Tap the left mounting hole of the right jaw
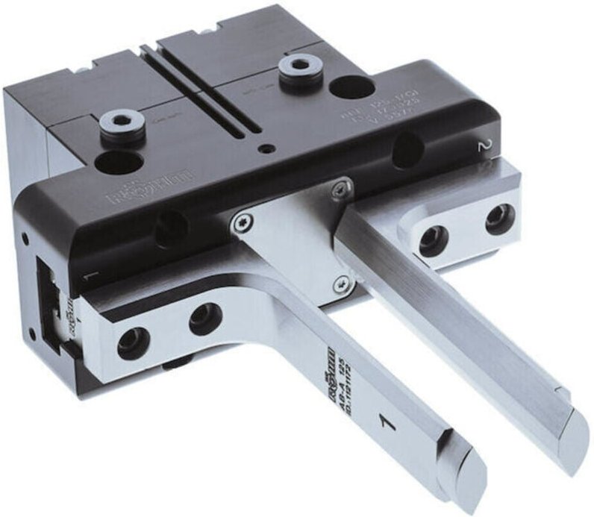[432, 241]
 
